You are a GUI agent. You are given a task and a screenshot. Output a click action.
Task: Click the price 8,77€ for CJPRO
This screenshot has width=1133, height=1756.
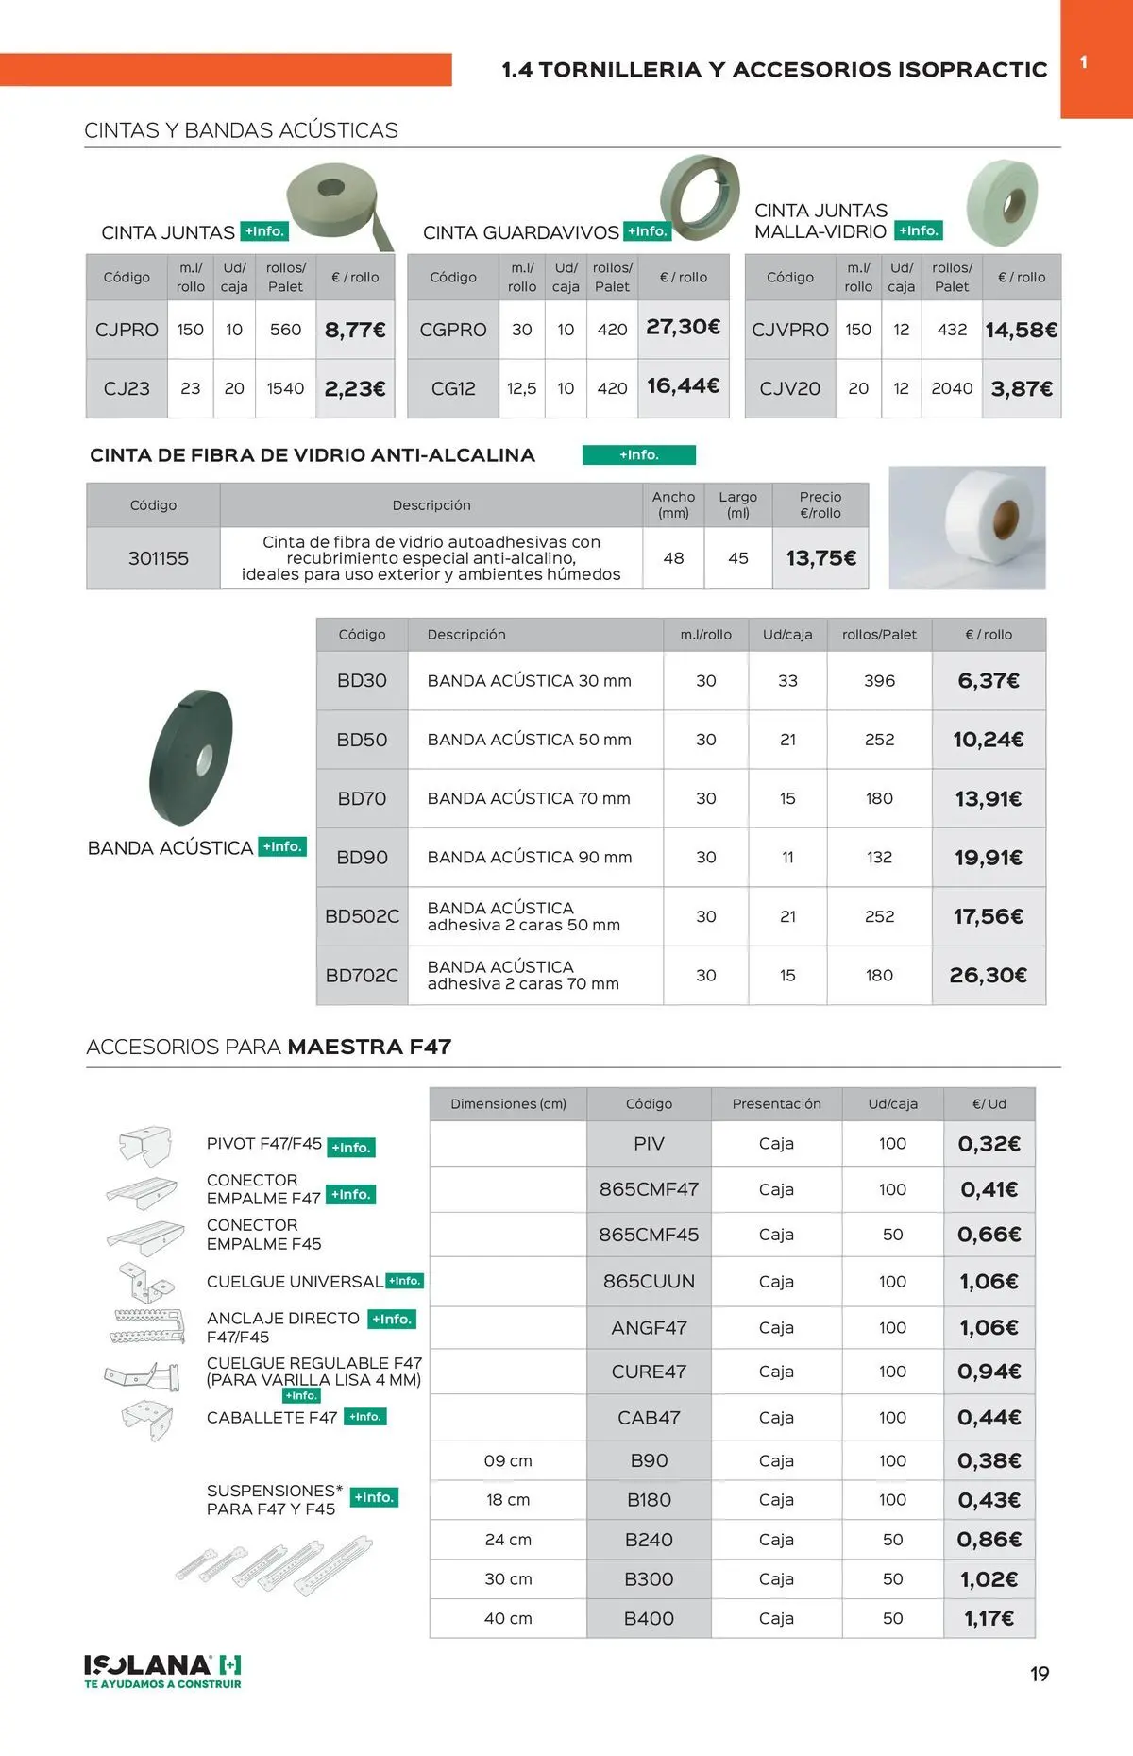pyautogui.click(x=355, y=330)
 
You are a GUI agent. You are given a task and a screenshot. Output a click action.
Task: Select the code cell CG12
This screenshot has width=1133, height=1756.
pyautogui.click(x=453, y=388)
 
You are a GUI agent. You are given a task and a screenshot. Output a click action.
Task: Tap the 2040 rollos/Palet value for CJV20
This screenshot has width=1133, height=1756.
pyautogui.click(x=952, y=388)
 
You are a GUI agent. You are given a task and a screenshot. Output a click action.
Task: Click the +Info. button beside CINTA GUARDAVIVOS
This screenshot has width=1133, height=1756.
pyautogui.click(x=648, y=231)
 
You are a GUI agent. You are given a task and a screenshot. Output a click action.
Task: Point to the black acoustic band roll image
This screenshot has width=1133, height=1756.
pyautogui.click(x=191, y=758)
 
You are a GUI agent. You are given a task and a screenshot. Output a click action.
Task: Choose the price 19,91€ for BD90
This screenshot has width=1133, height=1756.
pyautogui.click(x=989, y=858)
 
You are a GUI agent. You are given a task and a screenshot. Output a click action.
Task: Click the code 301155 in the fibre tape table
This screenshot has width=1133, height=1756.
pyautogui.click(x=159, y=558)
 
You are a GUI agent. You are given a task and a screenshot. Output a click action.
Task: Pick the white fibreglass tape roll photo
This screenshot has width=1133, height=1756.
pyautogui.click(x=967, y=527)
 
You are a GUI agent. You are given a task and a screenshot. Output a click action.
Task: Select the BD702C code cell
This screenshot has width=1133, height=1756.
pyautogui.click(x=362, y=975)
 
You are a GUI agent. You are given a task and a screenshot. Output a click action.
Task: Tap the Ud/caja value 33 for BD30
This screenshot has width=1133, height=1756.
pyautogui.click(x=787, y=680)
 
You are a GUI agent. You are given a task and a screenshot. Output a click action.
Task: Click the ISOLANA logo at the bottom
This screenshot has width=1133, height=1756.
pyautogui.click(x=162, y=1670)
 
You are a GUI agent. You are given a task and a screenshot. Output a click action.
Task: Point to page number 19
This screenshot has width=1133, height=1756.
pyautogui.click(x=1040, y=1674)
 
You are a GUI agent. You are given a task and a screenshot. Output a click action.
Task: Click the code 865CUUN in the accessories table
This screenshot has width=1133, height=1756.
pyautogui.click(x=649, y=1281)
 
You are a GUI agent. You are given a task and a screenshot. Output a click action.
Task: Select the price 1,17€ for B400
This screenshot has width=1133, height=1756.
pyautogui.click(x=989, y=1618)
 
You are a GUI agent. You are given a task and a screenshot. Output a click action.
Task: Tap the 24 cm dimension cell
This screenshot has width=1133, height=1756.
pyautogui.click(x=508, y=1540)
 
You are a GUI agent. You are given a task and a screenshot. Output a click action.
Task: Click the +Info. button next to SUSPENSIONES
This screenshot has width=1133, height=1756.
pyautogui.click(x=375, y=1497)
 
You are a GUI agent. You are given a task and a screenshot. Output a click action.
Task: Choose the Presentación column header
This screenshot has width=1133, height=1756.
pyautogui.click(x=776, y=1103)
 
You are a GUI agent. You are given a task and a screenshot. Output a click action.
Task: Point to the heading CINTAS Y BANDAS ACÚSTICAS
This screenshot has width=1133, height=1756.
pyautogui.click(x=241, y=130)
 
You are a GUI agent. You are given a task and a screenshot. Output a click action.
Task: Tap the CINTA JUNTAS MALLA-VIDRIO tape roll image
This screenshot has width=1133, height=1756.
pyautogui.click(x=1002, y=202)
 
